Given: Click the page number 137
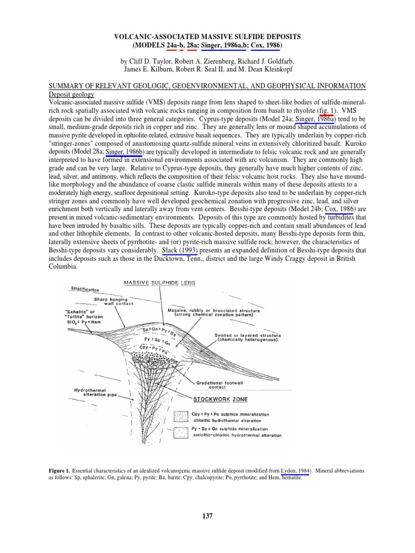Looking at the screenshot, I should (x=207, y=516).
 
